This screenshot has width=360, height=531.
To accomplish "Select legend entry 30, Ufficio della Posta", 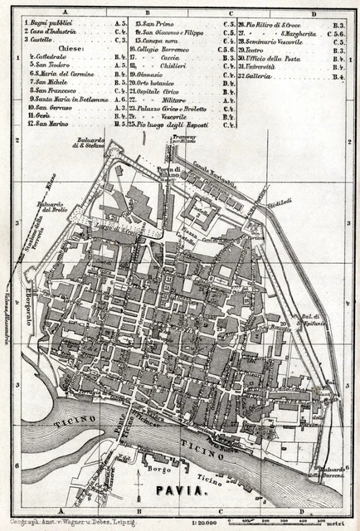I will [274, 59].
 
